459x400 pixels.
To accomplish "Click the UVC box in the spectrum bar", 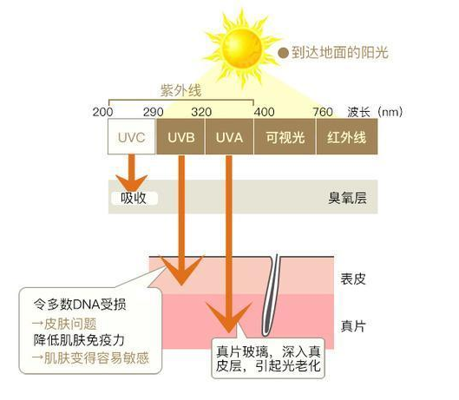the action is pos(131,136).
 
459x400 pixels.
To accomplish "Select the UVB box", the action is pos(180,136).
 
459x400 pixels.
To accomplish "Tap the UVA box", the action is pos(229,136).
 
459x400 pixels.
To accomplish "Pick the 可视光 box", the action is pos(285,136).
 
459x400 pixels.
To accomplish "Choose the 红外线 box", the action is pos(347,136).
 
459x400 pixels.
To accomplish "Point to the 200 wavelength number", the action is pos(102,112).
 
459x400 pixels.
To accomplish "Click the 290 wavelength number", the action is pos(153,112).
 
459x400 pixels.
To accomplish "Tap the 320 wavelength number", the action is pos(201,112).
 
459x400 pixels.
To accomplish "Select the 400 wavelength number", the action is pos(265,112).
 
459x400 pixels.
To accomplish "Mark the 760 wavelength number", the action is pos(323,112).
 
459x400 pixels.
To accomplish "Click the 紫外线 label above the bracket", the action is pos(180,90).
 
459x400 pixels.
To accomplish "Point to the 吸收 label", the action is pos(134,198).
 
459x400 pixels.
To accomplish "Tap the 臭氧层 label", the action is pos(347,198).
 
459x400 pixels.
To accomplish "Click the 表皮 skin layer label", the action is pos(353,279).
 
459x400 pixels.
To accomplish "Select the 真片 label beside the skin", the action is pos(353,326).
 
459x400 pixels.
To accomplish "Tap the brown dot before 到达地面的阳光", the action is pos(283,53).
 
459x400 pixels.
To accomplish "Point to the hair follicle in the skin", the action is pos(270,296).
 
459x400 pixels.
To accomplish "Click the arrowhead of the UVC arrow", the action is pos(131,183).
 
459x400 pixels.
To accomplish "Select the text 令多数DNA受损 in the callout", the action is pos(80,305).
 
